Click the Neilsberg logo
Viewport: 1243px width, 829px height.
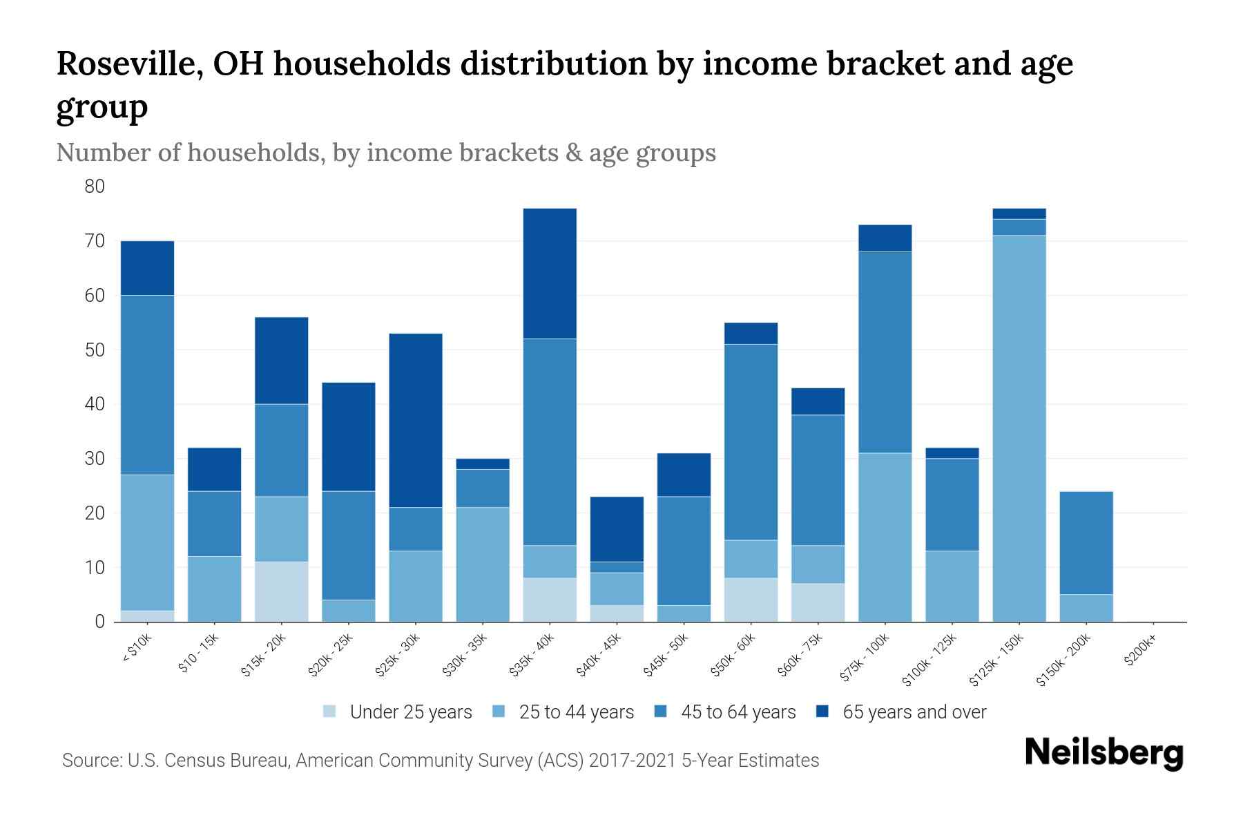pyautogui.click(x=1104, y=754)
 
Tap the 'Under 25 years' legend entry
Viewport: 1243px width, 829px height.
pyautogui.click(x=398, y=712)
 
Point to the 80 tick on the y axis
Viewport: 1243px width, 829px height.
pyautogui.click(x=95, y=187)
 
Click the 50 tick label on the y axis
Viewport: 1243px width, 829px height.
pyautogui.click(x=95, y=350)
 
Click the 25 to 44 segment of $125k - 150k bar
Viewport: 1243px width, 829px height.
pyautogui.click(x=1019, y=428)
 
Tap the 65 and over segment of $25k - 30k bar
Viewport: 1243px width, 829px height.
pyautogui.click(x=415, y=420)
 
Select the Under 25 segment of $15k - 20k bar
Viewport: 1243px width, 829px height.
pyautogui.click(x=281, y=591)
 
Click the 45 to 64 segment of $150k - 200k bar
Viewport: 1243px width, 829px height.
pyautogui.click(x=1086, y=542)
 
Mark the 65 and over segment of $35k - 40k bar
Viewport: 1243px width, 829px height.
pyautogui.click(x=550, y=274)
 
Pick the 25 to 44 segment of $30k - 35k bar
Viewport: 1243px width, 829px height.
pyautogui.click(x=483, y=564)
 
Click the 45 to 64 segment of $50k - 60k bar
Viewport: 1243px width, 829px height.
pyautogui.click(x=751, y=442)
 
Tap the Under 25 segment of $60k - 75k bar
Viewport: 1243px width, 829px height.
pyautogui.click(x=818, y=602)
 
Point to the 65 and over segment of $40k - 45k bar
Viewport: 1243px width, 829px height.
pyautogui.click(x=617, y=529)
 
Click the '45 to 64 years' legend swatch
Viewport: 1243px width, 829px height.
pyautogui.click(x=660, y=712)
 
